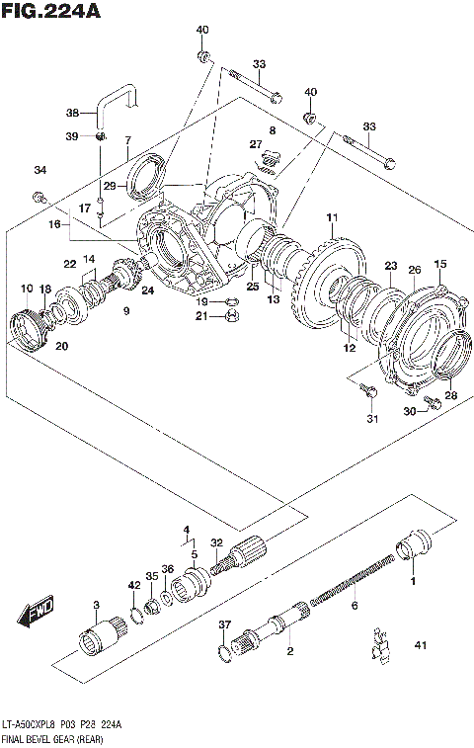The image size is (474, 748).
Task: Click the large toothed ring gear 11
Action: (326, 282)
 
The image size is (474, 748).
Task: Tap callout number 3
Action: (96, 605)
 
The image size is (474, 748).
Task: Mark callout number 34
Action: (39, 170)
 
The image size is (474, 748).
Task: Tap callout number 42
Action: (133, 586)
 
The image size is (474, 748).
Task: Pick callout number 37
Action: (224, 624)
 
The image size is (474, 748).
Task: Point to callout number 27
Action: (255, 145)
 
